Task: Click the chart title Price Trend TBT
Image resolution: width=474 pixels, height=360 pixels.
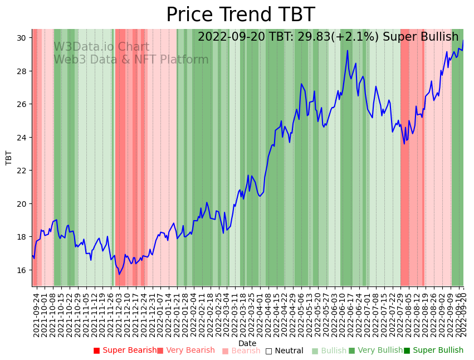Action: pyautogui.click(x=240, y=15)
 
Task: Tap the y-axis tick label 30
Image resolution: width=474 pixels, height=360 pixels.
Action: pyautogui.click(x=21, y=38)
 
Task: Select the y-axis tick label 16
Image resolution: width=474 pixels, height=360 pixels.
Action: pyautogui.click(x=21, y=270)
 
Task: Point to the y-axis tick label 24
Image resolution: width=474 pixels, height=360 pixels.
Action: pyautogui.click(x=21, y=138)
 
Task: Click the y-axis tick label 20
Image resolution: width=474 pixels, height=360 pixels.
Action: pyautogui.click(x=21, y=204)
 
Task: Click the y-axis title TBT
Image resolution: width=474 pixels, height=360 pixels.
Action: pyautogui.click(x=9, y=158)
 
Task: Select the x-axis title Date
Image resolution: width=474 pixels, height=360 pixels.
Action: pyautogui.click(x=247, y=343)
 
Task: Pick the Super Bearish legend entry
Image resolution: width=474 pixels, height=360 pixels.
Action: pyautogui.click(x=125, y=351)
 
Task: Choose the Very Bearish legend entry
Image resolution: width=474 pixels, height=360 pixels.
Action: pyautogui.click(x=186, y=351)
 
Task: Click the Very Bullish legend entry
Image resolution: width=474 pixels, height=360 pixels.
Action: pyautogui.click(x=375, y=351)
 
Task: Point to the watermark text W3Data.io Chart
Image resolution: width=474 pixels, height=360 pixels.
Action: pyautogui.click(x=101, y=47)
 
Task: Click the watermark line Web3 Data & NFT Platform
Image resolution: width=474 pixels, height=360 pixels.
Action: pyautogui.click(x=131, y=60)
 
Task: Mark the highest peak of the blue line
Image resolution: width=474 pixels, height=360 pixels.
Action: pyautogui.click(x=348, y=51)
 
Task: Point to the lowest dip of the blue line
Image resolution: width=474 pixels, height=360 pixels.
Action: pyautogui.click(x=119, y=274)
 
